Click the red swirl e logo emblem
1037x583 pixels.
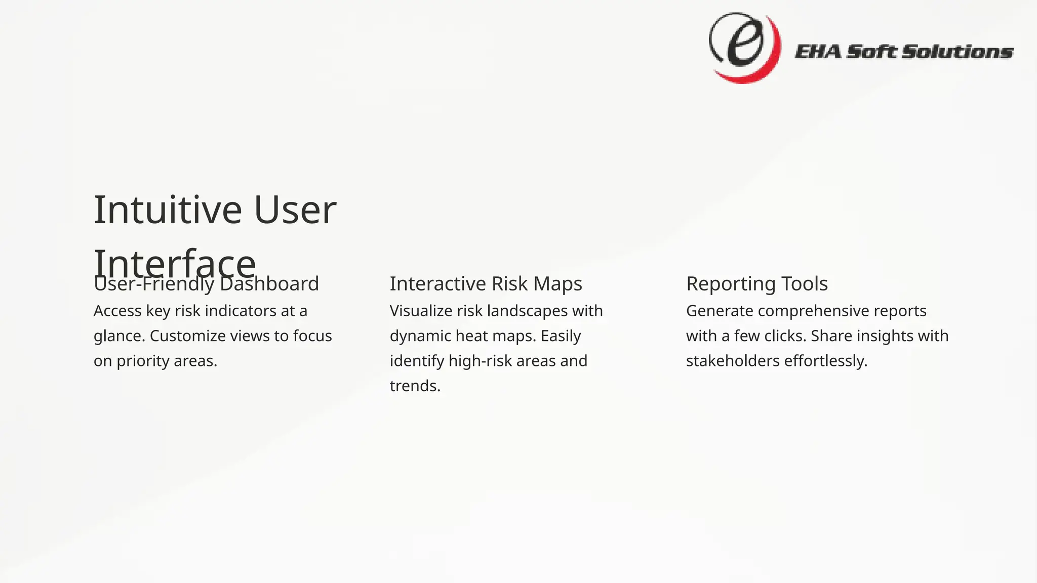[744, 48]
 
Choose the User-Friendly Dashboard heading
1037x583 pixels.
[206, 284]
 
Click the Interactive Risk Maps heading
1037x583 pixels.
[486, 284]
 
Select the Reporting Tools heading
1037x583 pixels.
[756, 284]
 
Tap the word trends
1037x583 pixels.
[415, 386]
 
